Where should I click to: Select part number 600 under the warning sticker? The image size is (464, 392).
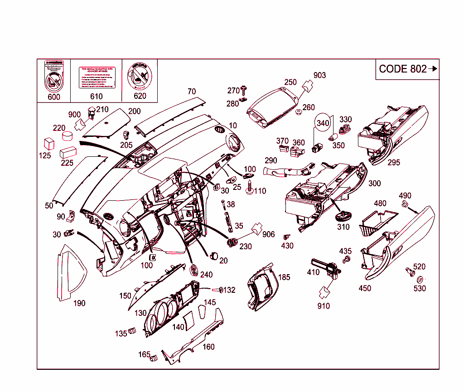pos(53,97)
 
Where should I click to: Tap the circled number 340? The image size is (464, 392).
pos(323,123)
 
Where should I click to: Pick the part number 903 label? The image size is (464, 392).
pos(319,75)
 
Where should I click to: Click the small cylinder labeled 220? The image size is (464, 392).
pos(67,136)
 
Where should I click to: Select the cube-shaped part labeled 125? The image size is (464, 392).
pos(48,144)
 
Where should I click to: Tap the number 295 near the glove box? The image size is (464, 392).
pos(394,162)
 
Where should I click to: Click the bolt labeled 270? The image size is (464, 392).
pos(244,89)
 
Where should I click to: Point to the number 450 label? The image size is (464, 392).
pos(365,288)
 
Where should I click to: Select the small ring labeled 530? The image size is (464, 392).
pos(420,279)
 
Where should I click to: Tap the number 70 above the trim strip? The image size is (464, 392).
pos(191,91)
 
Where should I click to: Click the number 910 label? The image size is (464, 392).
pos(324,306)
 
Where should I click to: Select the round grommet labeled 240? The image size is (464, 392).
pos(194,269)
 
